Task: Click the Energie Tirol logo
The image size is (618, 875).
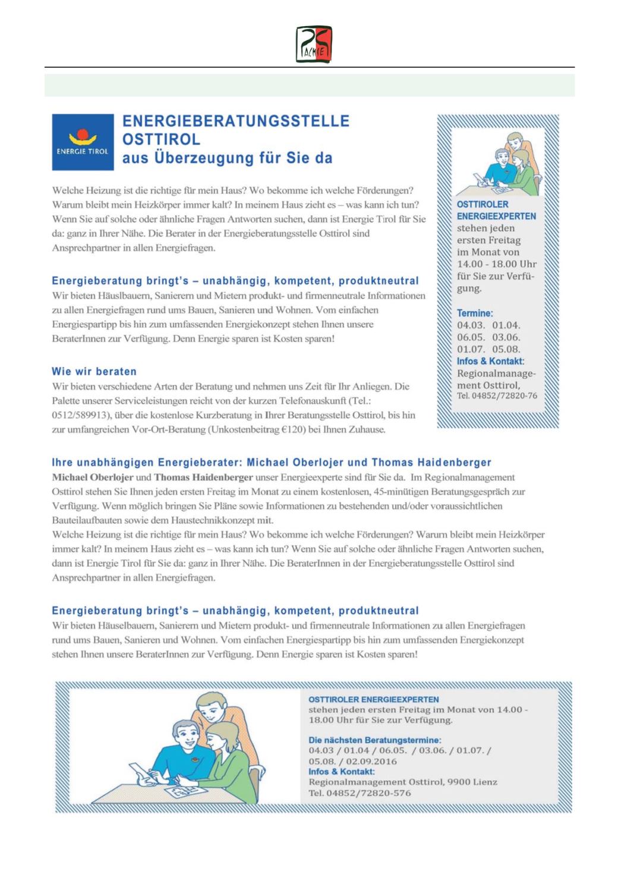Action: point(83,142)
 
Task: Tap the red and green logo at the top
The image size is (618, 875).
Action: point(314,45)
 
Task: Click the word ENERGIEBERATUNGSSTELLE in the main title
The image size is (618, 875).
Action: point(235,121)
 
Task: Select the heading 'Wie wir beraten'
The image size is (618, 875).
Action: point(94,372)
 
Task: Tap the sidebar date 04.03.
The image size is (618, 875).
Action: point(471,325)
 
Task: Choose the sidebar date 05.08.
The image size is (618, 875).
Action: point(506,349)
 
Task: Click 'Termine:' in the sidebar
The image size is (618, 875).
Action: point(474,313)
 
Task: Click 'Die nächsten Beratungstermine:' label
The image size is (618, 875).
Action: point(374,740)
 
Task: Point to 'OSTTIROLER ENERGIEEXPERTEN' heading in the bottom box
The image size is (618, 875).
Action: point(374,699)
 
